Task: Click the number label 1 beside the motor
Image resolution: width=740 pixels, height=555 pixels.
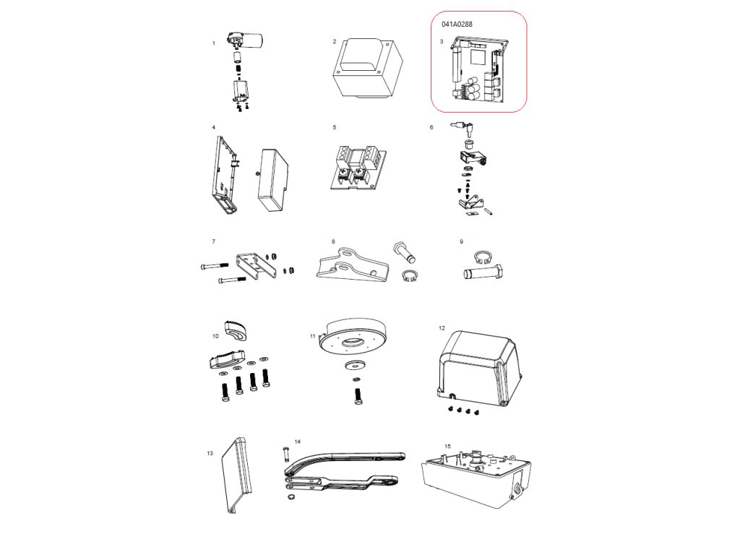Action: click(214, 43)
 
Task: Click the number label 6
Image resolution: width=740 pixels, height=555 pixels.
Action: click(431, 127)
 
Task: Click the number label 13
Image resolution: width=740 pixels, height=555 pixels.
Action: click(210, 454)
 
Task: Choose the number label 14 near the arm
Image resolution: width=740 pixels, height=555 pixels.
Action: click(297, 441)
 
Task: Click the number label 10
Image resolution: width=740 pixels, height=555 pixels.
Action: click(215, 336)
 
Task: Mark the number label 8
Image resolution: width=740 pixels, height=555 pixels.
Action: click(333, 241)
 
